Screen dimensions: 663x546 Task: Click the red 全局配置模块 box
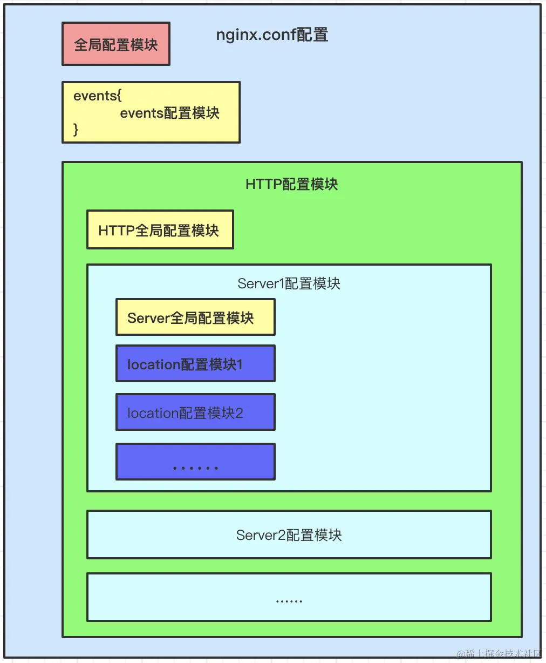(116, 44)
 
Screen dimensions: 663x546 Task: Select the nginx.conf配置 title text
(272, 35)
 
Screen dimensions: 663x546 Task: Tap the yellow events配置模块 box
(151, 112)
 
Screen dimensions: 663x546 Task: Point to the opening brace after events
(119, 96)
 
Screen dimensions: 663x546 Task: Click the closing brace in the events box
(76, 129)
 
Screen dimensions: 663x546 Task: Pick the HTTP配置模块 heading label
(291, 184)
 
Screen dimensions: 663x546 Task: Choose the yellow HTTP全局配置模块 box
(160, 230)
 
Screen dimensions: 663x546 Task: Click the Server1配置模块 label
(289, 283)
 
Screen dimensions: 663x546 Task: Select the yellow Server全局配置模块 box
(195, 317)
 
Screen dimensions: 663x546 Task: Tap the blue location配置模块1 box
(195, 364)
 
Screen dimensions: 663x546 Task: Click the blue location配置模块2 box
(195, 412)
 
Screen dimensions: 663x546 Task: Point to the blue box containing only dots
(195, 462)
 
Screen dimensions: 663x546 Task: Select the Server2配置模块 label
(289, 535)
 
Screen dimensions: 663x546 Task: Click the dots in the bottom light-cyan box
(289, 600)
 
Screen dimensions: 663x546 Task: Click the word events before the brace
(94, 96)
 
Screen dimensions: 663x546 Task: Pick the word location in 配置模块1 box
(153, 364)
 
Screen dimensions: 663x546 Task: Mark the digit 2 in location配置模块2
(239, 413)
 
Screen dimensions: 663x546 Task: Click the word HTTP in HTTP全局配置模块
(116, 231)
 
